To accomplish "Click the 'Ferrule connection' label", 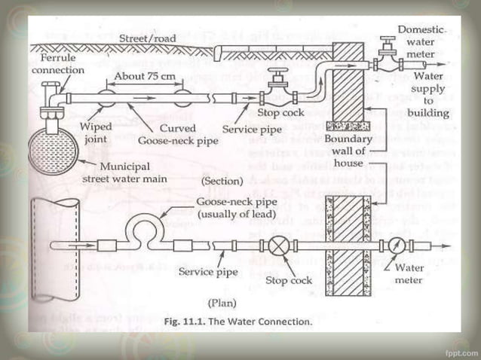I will point(57,65).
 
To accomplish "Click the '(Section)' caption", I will point(222,182).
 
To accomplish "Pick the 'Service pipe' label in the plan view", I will point(207,271).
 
